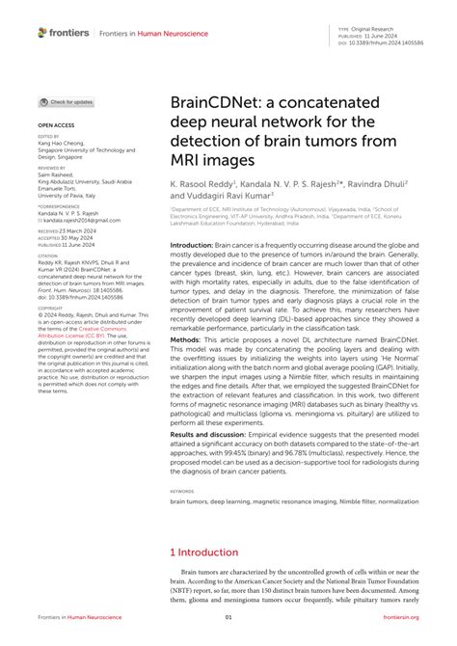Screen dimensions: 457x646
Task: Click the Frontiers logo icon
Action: point(43,32)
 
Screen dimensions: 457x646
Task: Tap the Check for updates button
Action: point(67,101)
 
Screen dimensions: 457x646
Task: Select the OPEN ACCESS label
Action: point(55,125)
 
